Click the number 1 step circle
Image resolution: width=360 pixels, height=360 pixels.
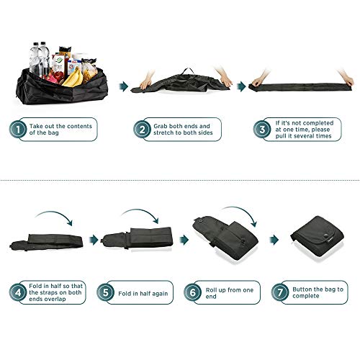18,129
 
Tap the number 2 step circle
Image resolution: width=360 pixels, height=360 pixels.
142,129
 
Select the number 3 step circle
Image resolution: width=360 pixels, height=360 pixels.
262,129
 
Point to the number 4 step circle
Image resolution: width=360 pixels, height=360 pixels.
18,292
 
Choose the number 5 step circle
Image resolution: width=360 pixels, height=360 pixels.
105,292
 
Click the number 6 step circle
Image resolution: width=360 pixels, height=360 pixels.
192,292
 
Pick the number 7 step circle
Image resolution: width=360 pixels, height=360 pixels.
280,292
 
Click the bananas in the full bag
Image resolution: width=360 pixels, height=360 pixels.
73,78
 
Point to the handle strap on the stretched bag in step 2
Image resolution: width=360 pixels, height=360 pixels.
188,71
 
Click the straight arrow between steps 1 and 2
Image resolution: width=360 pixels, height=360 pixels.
124,86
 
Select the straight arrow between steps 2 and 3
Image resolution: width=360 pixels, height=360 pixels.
241,86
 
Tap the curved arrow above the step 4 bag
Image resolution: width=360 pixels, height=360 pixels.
55,214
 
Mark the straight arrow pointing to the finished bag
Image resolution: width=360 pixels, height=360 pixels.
274,240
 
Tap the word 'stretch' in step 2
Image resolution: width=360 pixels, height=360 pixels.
163,132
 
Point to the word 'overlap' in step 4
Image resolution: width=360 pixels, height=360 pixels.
48,299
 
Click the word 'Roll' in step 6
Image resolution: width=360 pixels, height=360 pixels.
211,290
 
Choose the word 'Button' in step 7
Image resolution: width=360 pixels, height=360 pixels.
302,289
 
